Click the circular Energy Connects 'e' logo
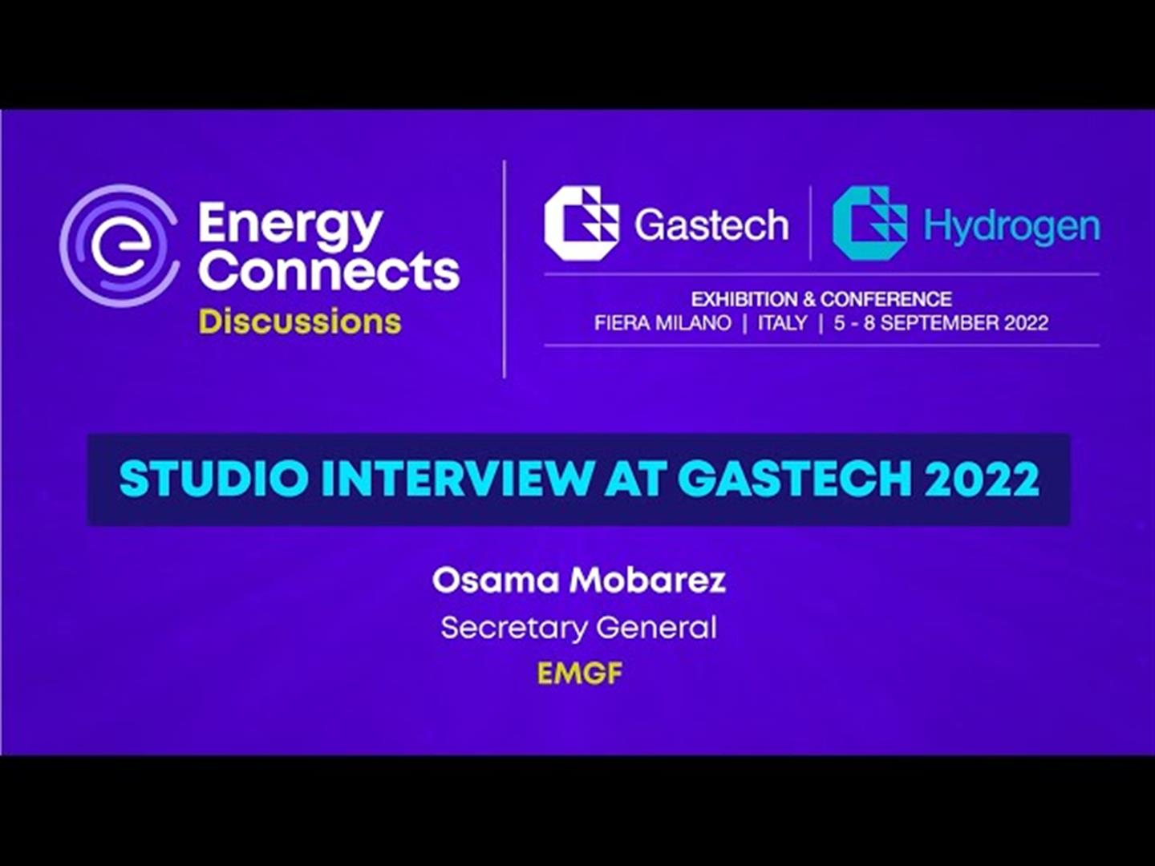[119, 245]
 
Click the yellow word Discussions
[300, 322]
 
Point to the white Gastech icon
[581, 224]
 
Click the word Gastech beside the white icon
[711, 225]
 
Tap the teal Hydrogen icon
[869, 224]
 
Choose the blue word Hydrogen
[1012, 227]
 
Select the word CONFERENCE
[886, 299]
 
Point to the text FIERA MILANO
[663, 322]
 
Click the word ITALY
[783, 322]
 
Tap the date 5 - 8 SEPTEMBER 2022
[941, 322]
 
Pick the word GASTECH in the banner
[795, 479]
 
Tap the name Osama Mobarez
[579, 580]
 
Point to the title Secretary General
[579, 628]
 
